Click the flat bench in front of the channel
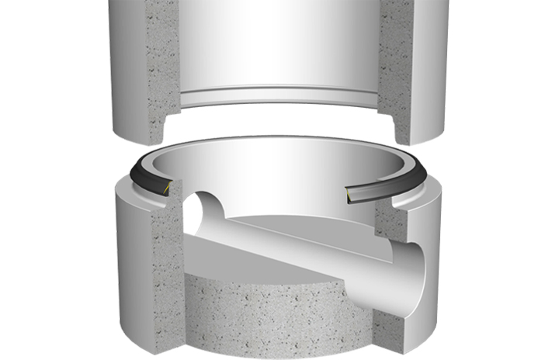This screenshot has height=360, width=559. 233,264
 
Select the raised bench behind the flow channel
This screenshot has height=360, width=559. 311,221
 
